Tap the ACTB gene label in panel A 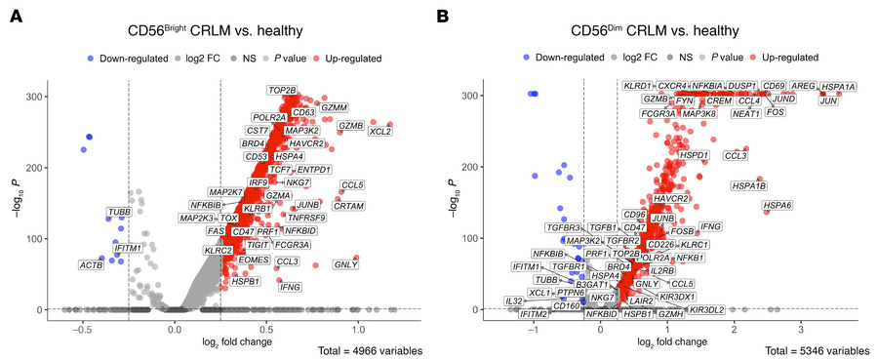pyautogui.click(x=91, y=264)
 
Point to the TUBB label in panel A pyautogui.click(x=119, y=211)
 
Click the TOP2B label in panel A pyautogui.click(x=282, y=91)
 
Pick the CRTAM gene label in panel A pyautogui.click(x=349, y=206)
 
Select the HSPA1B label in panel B pyautogui.click(x=749, y=185)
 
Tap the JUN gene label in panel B pyautogui.click(x=828, y=100)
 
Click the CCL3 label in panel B pyautogui.click(x=736, y=155)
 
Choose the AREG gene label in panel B pyautogui.click(x=803, y=87)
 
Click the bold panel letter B pyautogui.click(x=443, y=17)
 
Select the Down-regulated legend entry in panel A pyautogui.click(x=124, y=57)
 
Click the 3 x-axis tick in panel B pyautogui.click(x=800, y=329)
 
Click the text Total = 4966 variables pyautogui.click(x=372, y=349)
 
